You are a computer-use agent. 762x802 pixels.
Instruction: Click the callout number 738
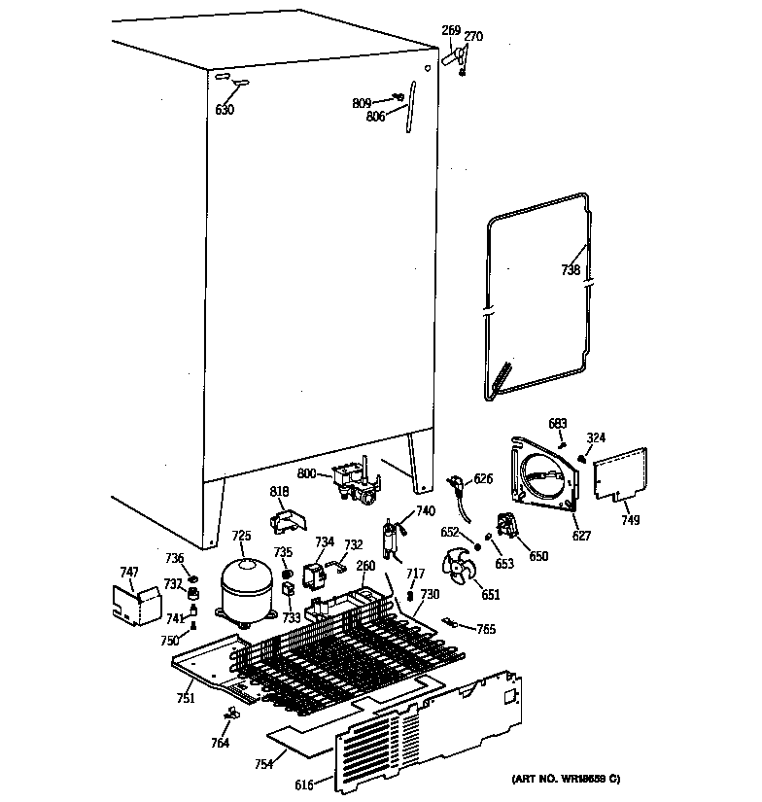(571, 272)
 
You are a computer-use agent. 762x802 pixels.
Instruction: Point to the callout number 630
(225, 110)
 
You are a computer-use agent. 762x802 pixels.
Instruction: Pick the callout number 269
(451, 30)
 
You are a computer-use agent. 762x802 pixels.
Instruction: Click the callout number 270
(472, 37)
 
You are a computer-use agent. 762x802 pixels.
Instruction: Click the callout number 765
(485, 629)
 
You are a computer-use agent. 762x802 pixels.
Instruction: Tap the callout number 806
(375, 115)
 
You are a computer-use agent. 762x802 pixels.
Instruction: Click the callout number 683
(557, 423)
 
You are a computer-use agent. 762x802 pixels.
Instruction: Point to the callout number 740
(426, 510)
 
